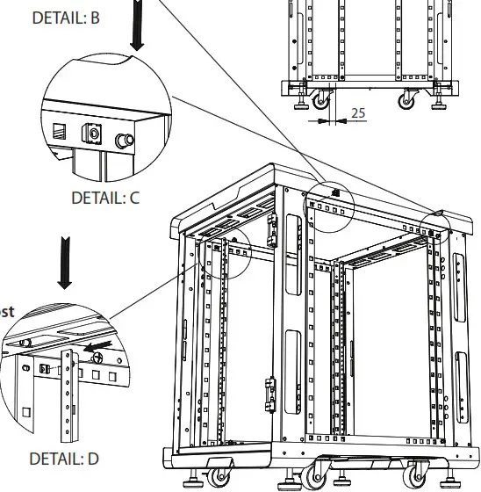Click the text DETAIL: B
tap(65, 17)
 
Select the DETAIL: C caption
tap(105, 198)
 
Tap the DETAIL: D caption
tap(64, 458)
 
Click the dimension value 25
tap(358, 112)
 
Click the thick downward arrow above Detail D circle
tap(65, 261)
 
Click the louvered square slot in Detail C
tap(60, 131)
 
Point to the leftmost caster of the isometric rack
tap(216, 477)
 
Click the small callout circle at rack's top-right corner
tap(434, 225)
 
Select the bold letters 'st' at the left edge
tap(6, 311)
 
